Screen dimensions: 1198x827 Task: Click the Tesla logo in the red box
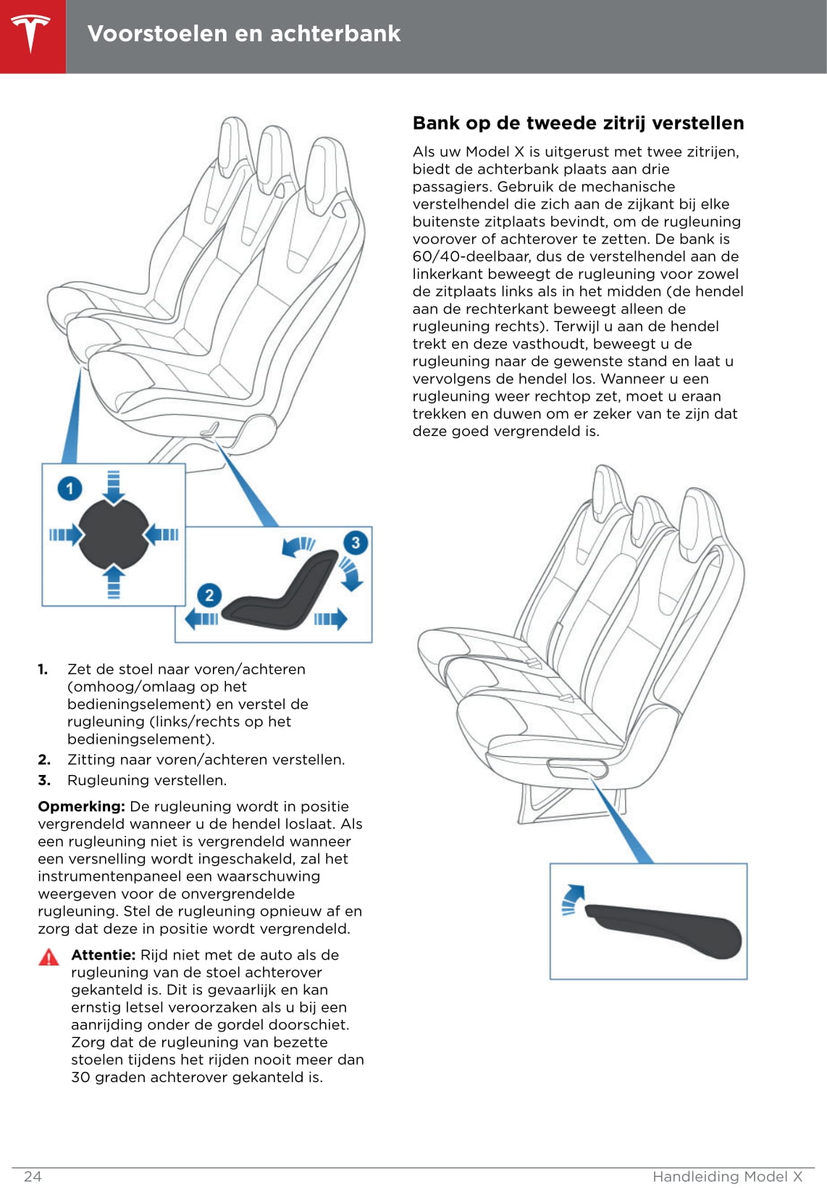coord(31,34)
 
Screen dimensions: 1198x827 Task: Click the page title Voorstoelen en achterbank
coord(244,33)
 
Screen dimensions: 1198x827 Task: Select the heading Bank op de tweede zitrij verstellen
coord(578,123)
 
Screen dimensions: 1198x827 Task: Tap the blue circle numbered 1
coord(70,488)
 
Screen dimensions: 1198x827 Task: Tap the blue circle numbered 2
coord(209,595)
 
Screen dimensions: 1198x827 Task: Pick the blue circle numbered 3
coord(355,543)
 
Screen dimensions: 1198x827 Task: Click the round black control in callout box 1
coord(113,534)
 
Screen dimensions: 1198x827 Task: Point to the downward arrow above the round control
coord(113,486)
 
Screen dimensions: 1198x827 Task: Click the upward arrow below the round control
coord(113,582)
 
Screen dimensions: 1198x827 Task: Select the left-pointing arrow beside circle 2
coord(201,619)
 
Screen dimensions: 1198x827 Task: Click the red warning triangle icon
coord(49,958)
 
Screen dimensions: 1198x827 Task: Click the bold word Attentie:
coord(103,955)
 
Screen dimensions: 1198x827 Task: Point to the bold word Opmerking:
coord(81,806)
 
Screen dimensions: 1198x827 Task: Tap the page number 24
coord(33,1176)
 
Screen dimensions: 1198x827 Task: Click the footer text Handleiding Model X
coord(727,1176)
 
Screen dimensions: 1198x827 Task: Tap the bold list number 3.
coord(44,780)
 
